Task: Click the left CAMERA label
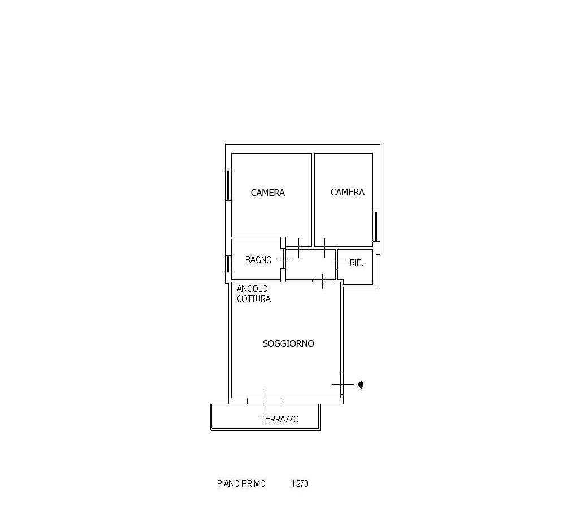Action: pos(268,193)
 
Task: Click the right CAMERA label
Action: pos(348,192)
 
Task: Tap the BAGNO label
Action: pos(258,260)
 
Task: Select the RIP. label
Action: pos(357,263)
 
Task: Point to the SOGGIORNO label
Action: pos(288,343)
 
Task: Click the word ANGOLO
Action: pos(252,289)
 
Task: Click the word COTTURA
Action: pos(254,299)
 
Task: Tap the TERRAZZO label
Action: pos(280,419)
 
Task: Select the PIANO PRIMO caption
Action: pos(241,483)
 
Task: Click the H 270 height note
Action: pos(299,483)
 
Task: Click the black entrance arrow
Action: pos(361,385)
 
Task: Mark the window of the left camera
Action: pos(228,186)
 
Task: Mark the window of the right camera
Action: pos(376,226)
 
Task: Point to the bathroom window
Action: pos(228,264)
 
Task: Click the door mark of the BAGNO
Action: pos(285,259)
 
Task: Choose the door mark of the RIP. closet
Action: pos(337,260)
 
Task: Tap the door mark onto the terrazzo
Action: pos(265,400)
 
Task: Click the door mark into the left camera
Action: pos(299,248)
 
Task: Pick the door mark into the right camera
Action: pos(324,248)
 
